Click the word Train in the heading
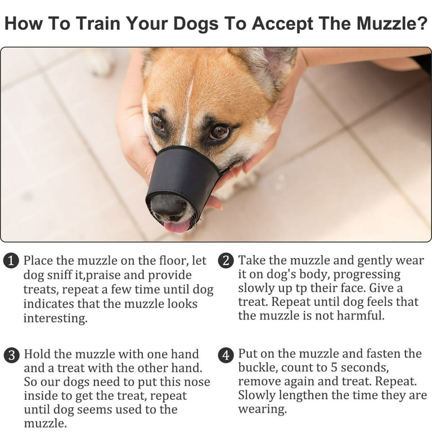[98, 23]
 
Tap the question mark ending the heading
[421, 23]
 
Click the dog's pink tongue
[177, 227]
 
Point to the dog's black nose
[169, 206]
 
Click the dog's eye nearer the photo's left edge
[158, 123]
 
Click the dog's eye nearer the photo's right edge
[219, 132]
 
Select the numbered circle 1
[11, 261]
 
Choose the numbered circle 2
[226, 260]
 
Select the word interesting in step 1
[55, 318]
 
